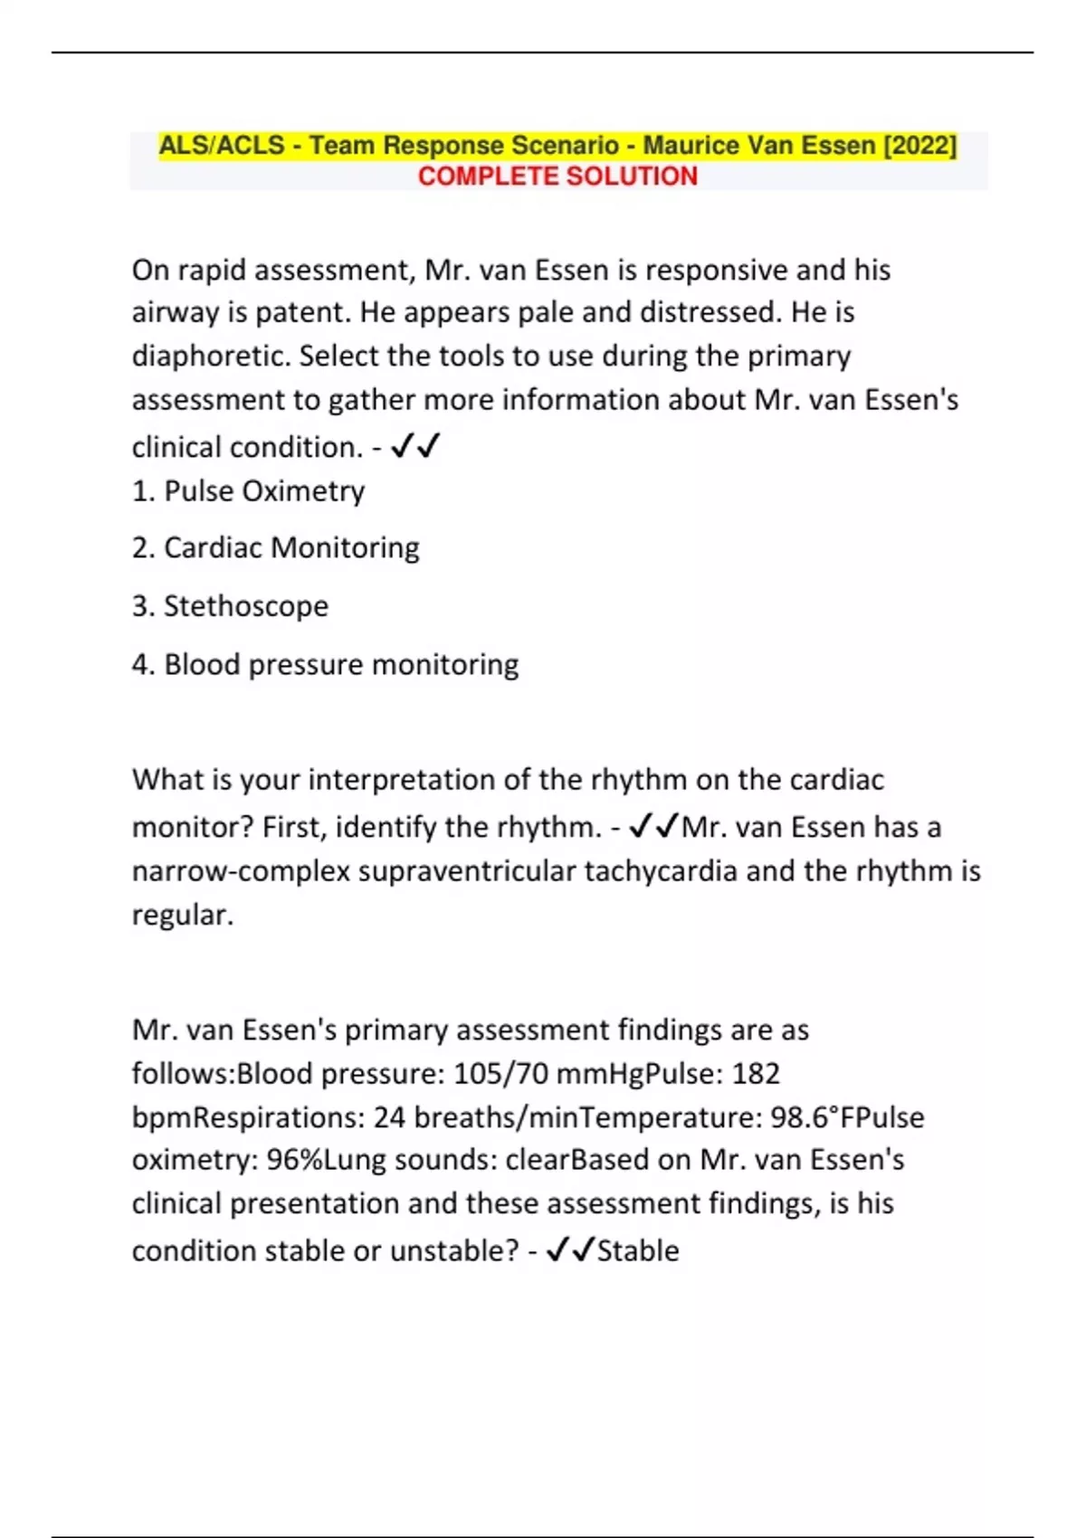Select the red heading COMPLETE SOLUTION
tap(557, 176)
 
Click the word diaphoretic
tap(210, 356)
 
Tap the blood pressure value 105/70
tap(500, 1074)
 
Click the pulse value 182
tap(756, 1074)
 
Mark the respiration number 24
tap(389, 1117)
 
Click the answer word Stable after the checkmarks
tap(638, 1251)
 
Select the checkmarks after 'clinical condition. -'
tap(415, 447)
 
